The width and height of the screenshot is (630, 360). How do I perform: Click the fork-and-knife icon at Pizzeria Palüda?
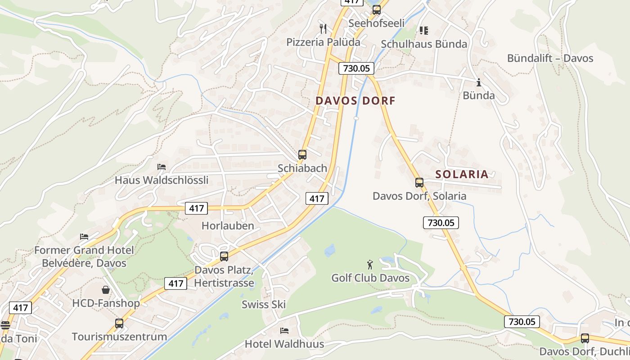(x=323, y=29)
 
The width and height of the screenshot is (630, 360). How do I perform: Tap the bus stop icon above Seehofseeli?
(x=376, y=9)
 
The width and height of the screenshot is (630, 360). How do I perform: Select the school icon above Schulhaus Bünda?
(x=423, y=31)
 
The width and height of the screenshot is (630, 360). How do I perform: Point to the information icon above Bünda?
(x=479, y=82)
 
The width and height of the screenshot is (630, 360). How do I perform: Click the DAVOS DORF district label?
(x=355, y=101)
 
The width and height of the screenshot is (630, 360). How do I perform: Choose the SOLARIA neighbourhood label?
(x=462, y=175)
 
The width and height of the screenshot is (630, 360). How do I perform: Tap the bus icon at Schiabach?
(x=302, y=155)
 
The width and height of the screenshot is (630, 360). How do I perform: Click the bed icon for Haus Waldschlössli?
(x=162, y=167)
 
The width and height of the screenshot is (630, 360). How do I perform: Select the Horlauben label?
(x=228, y=226)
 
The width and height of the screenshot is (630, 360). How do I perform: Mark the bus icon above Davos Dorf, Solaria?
(x=419, y=183)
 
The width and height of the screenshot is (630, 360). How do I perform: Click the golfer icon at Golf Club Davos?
(x=370, y=265)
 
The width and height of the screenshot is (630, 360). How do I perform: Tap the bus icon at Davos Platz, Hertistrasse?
(x=224, y=256)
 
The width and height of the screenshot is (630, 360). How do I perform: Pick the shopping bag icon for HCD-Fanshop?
(x=106, y=290)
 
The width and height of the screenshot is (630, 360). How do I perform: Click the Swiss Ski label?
(x=264, y=305)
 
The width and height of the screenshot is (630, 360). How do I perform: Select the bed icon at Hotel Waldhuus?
(x=284, y=331)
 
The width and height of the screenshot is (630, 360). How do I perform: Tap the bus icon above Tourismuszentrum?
(x=119, y=323)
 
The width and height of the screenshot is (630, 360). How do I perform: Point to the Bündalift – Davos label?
(x=550, y=58)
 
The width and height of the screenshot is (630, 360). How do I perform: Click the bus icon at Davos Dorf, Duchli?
(x=585, y=338)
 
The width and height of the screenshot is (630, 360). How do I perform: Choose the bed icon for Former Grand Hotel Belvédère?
(x=84, y=237)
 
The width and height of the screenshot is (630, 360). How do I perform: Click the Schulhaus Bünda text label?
(x=424, y=44)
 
